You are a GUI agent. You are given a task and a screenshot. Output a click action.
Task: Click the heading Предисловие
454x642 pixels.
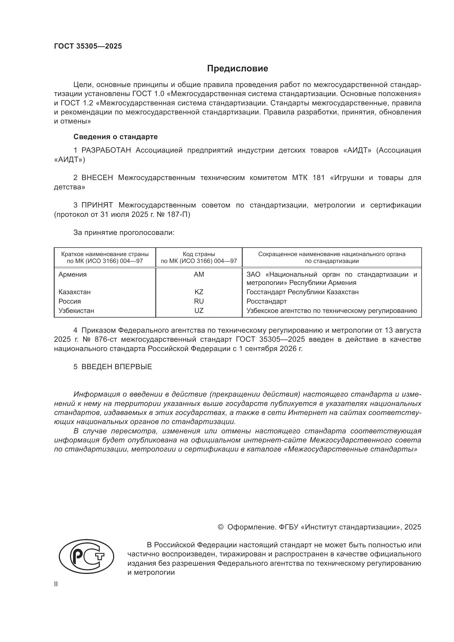point(237,69)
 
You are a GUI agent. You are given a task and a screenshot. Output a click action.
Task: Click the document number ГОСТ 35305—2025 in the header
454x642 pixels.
point(88,46)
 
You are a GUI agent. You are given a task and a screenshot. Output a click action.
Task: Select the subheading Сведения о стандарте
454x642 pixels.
point(116,137)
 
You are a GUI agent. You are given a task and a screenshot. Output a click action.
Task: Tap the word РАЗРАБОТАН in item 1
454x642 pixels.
point(106,150)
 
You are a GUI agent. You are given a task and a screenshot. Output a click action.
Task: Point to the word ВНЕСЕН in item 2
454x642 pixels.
point(97,178)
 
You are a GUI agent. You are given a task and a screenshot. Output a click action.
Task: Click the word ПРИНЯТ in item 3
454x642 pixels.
point(97,205)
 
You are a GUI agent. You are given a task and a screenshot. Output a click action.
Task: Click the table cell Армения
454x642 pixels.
point(72,274)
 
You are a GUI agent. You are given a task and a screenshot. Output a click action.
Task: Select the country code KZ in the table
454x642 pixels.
point(199,292)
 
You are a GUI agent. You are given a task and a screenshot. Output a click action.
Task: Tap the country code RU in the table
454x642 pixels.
point(199,301)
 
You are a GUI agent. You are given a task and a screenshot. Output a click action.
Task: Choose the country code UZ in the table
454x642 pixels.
point(199,311)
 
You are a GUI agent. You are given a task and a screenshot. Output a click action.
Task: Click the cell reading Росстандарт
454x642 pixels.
point(267,301)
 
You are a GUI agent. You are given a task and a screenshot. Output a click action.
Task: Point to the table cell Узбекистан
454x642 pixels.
point(76,311)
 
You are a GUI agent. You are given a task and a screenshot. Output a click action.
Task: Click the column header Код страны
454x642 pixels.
point(199,254)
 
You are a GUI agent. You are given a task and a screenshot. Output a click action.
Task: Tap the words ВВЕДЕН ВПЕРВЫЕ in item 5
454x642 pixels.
point(117,367)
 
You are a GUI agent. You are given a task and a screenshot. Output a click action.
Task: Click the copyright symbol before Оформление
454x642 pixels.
point(221,527)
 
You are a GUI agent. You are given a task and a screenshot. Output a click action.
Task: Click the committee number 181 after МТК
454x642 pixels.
point(319,178)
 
